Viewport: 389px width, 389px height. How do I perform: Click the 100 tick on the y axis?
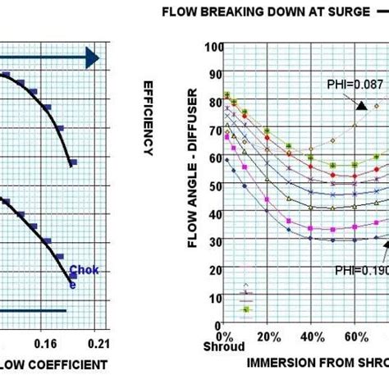pos(211,47)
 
